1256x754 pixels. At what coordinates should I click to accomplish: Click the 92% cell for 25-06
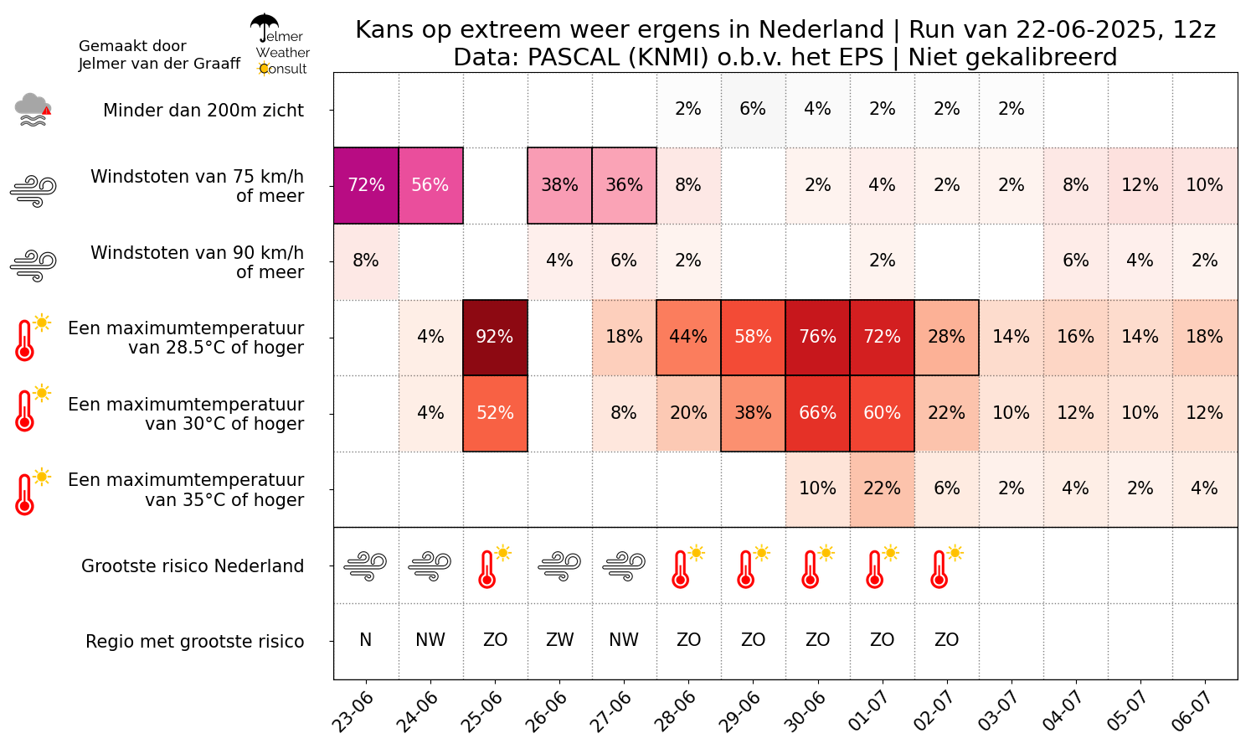coord(495,337)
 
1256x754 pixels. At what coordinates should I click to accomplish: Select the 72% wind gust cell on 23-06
coord(366,185)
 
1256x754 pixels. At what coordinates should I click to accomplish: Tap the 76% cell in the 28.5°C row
coord(817,337)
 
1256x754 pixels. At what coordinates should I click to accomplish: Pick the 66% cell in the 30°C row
coord(817,413)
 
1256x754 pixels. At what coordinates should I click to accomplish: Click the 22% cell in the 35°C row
coord(882,488)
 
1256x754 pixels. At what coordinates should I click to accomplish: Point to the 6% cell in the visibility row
coord(753,109)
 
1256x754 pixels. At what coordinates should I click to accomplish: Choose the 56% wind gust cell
coord(430,185)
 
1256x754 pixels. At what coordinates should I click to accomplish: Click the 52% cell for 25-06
coord(495,413)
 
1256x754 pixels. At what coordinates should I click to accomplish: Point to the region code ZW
coord(559,640)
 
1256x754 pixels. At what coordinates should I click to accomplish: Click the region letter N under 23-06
coord(366,640)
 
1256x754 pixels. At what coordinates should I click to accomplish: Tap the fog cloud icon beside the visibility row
coord(32,110)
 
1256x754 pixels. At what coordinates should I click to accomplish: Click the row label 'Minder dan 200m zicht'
coord(203,111)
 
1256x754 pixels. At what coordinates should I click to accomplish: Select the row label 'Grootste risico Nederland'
coord(193,566)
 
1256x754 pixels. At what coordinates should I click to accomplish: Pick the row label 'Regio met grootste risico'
coord(194,642)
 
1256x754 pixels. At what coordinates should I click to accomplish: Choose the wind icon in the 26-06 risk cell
coord(559,565)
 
